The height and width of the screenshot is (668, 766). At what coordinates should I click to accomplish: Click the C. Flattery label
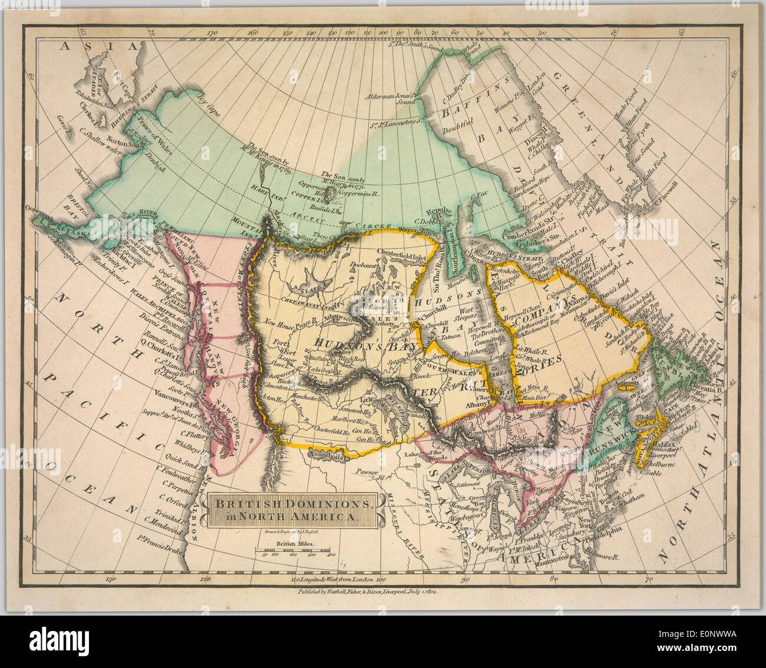(x=174, y=436)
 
